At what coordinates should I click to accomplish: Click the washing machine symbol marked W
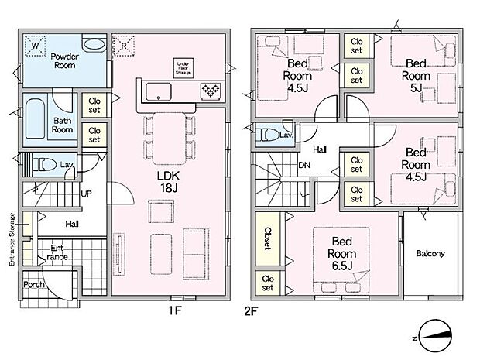pyautogui.click(x=35, y=46)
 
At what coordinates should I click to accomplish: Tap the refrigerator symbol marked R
pyautogui.click(x=124, y=46)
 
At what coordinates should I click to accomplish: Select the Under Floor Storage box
pyautogui.click(x=183, y=68)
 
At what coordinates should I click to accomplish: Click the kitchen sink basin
pyautogui.click(x=158, y=91)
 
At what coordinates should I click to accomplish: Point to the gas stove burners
pyautogui.click(x=211, y=91)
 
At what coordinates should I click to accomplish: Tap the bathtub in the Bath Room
pyautogui.click(x=35, y=118)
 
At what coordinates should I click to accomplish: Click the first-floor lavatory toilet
pyautogui.click(x=45, y=165)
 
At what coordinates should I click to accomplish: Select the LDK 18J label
pyautogui.click(x=168, y=181)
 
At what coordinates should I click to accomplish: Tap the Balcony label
pyautogui.click(x=430, y=253)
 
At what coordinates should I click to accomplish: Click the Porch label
pyautogui.click(x=34, y=284)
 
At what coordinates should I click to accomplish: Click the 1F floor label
pyautogui.click(x=175, y=310)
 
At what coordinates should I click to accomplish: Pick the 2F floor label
pyautogui.click(x=251, y=311)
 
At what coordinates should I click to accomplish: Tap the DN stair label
pyautogui.click(x=304, y=166)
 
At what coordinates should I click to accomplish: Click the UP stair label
pyautogui.click(x=87, y=194)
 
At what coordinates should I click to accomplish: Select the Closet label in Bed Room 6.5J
pyautogui.click(x=268, y=238)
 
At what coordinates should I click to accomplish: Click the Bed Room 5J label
pyautogui.click(x=416, y=76)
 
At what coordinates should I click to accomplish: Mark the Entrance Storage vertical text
pyautogui.click(x=12, y=239)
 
